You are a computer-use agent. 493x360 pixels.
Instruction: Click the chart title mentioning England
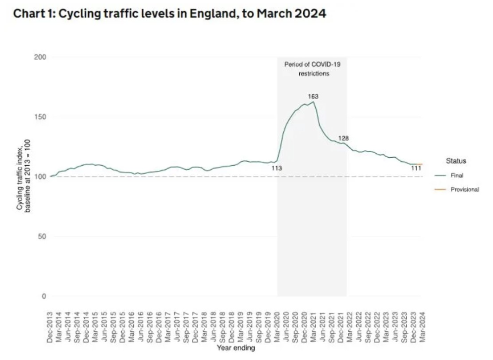(x=169, y=13)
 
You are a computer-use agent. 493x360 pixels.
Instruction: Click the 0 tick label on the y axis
(x=44, y=297)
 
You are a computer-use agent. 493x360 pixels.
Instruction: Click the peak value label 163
(x=313, y=96)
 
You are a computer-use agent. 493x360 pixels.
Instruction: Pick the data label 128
(x=343, y=138)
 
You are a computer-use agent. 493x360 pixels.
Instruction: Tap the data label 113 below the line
(x=276, y=169)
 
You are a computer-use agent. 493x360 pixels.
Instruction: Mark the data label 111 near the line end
(x=416, y=169)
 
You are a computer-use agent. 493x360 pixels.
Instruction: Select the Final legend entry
(x=456, y=175)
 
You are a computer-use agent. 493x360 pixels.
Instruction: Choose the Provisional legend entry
(x=464, y=189)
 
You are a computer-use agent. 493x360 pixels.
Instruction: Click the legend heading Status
(x=456, y=161)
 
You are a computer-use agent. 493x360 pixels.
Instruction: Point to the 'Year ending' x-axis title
(x=235, y=348)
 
